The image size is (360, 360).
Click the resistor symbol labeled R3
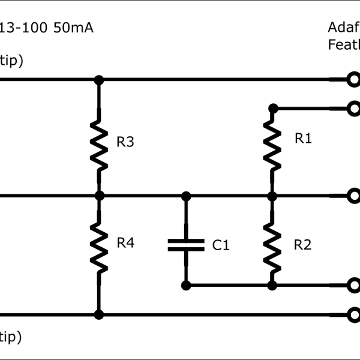(x=99, y=143)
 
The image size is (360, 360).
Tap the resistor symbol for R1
(x=272, y=143)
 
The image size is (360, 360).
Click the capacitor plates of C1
(x=186, y=244)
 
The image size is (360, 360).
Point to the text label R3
(x=125, y=143)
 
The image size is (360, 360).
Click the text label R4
(x=125, y=243)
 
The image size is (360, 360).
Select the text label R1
(x=303, y=139)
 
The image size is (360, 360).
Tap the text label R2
(x=303, y=244)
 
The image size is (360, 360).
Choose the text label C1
(x=221, y=245)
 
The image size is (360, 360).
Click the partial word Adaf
(x=343, y=28)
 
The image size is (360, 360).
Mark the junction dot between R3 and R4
(x=99, y=195)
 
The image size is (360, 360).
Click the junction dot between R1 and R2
(x=272, y=195)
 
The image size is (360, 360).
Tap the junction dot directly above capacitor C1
(x=186, y=195)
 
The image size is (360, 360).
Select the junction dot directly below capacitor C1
(x=186, y=285)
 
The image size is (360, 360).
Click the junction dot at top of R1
(x=272, y=108)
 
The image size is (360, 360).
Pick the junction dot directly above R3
(x=99, y=79)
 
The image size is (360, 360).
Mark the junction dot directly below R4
(x=99, y=314)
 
